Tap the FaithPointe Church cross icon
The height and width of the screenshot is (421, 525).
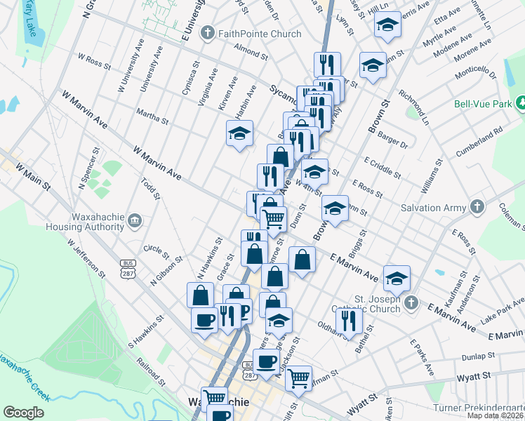[208, 33]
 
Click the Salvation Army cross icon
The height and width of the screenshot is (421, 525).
[477, 207]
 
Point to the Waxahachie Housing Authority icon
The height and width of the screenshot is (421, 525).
[135, 222]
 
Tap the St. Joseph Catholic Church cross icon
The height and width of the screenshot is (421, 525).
[411, 304]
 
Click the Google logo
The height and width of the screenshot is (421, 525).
[23, 413]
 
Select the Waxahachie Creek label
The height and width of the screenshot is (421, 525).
[25, 379]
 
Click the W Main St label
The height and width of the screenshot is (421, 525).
[33, 178]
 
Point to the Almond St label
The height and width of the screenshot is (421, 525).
[251, 51]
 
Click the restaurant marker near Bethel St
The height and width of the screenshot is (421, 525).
[348, 320]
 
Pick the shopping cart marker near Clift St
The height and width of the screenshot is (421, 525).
[300, 377]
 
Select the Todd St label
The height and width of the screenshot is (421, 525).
[150, 189]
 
